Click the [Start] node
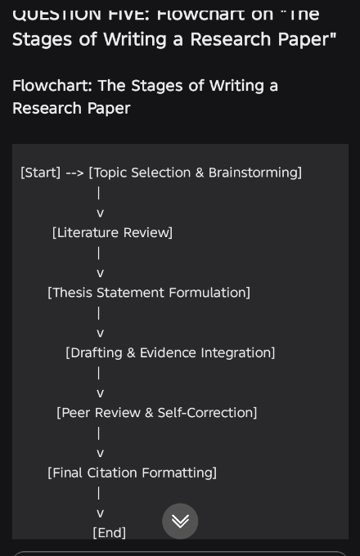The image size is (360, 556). point(40,173)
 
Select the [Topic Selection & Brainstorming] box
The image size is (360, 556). point(195,173)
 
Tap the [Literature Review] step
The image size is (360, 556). point(112,232)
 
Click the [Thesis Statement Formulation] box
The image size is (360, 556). point(149,293)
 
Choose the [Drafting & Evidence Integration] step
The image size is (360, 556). point(170,353)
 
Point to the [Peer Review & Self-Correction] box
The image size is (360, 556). point(157,413)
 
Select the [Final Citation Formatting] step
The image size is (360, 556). point(132,473)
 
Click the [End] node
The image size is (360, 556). point(110,532)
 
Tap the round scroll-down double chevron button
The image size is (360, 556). point(180,521)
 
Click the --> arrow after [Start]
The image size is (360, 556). point(74,173)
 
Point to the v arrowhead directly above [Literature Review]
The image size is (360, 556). point(101,213)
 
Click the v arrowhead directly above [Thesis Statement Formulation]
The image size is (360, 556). point(101,273)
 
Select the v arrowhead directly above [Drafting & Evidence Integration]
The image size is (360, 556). point(101,334)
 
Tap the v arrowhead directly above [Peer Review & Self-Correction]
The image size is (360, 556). point(101,393)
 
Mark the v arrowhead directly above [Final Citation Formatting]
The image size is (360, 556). point(101,454)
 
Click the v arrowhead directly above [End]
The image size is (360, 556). point(101,513)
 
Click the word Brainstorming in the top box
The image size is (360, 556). point(253,173)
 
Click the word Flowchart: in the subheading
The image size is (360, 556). point(52,86)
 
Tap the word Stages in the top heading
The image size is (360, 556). point(43,40)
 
